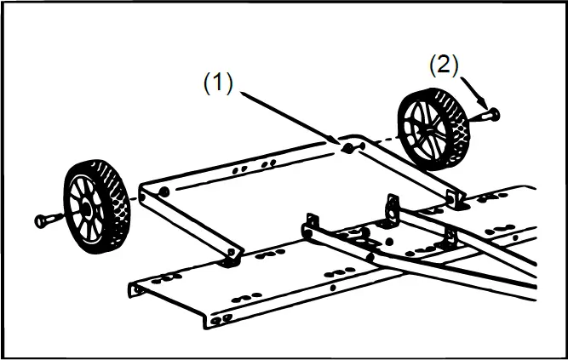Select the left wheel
click(95, 205)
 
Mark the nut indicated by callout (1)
click(348, 148)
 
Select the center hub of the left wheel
click(87, 208)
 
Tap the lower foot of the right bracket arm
click(458, 203)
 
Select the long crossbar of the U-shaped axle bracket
click(247, 167)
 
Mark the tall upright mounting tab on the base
click(393, 207)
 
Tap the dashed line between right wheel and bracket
click(383, 138)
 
